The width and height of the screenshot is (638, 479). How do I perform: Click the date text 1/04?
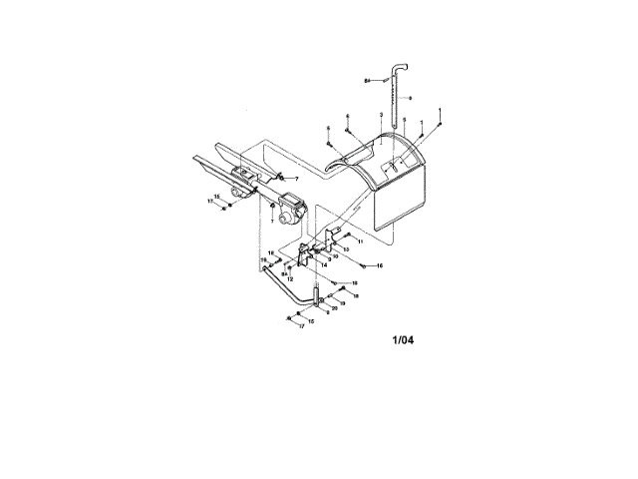pos(402,340)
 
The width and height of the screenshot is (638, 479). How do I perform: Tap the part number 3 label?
pos(382,117)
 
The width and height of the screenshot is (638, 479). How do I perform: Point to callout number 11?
pos(360,241)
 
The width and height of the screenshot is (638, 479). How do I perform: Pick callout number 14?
pos(324,265)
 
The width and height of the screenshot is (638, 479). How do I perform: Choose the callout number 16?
pos(380,266)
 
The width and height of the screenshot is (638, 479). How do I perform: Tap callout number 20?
pos(334,308)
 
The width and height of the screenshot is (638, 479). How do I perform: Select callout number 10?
pos(335,256)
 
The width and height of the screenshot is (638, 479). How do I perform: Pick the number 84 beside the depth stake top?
pos(367,79)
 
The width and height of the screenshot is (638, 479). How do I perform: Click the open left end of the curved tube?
pos(266,268)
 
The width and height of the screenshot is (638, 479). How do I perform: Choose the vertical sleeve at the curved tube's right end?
pos(317,295)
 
